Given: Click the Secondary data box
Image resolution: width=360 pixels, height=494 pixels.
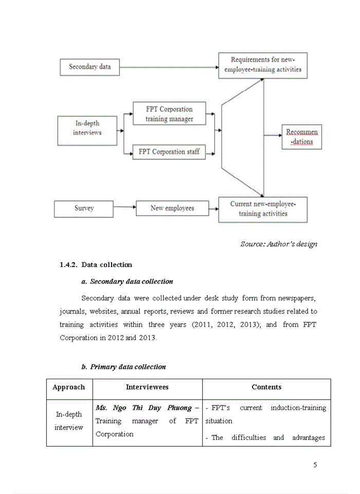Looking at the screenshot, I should (x=89, y=67).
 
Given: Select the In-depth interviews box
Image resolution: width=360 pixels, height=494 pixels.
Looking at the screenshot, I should (x=87, y=128).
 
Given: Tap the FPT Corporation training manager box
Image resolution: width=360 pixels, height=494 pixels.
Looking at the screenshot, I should (x=169, y=114).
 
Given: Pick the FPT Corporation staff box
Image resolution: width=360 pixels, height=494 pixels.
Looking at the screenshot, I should (x=169, y=152).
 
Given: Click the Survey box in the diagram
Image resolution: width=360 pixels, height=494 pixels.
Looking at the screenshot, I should (x=83, y=208).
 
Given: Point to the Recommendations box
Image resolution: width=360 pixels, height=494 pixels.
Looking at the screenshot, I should (x=301, y=137).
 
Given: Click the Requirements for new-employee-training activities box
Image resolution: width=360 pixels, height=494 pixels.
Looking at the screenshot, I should (x=262, y=65).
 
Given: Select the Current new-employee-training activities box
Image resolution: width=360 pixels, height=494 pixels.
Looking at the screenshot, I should (x=262, y=209).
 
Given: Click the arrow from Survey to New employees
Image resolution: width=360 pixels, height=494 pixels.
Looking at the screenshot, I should (x=124, y=208).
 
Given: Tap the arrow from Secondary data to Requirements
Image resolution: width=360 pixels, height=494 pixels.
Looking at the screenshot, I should (x=169, y=67).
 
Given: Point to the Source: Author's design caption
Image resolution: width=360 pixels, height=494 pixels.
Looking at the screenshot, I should (x=278, y=244).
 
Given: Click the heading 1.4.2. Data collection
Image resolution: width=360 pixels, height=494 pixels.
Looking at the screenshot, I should (x=96, y=264).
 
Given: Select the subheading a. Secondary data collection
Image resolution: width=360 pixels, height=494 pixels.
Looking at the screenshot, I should (x=127, y=281).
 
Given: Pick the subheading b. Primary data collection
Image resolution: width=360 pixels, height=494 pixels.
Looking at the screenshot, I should (x=123, y=367).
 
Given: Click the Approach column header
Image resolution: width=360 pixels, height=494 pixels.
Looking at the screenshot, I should (x=69, y=387).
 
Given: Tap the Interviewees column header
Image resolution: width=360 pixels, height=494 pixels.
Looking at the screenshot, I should (x=147, y=387).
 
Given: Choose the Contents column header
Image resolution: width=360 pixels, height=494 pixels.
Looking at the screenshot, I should (x=266, y=387).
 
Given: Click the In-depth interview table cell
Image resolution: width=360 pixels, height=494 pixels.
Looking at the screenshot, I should (x=69, y=421).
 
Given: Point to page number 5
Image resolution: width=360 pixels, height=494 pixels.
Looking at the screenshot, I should (x=315, y=465).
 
